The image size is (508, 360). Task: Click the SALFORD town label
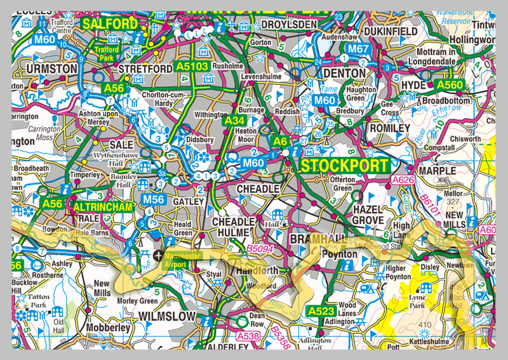tap(109, 24)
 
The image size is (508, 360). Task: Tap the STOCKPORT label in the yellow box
tap(345, 166)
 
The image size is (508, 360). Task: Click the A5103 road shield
tap(192, 65)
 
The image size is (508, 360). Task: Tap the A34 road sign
tap(234, 120)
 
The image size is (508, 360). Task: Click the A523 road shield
tap(320, 310)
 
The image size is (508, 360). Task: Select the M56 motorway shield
tap(154, 199)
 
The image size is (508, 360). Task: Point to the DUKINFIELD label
tap(389, 30)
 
